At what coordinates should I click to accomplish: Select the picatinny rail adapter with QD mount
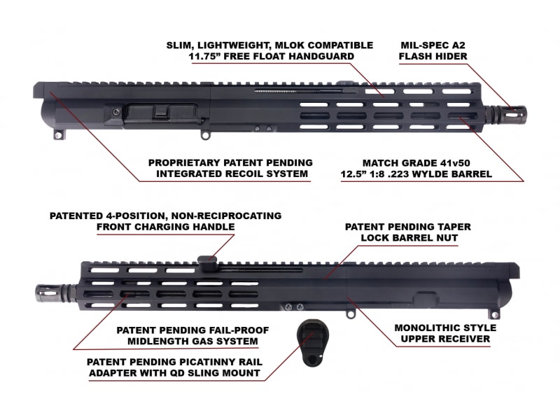[311, 343]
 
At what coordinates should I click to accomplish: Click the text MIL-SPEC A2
[433, 45]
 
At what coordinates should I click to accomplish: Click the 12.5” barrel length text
[353, 174]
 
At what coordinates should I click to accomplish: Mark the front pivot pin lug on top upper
[205, 135]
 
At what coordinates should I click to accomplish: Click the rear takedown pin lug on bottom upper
[494, 314]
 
